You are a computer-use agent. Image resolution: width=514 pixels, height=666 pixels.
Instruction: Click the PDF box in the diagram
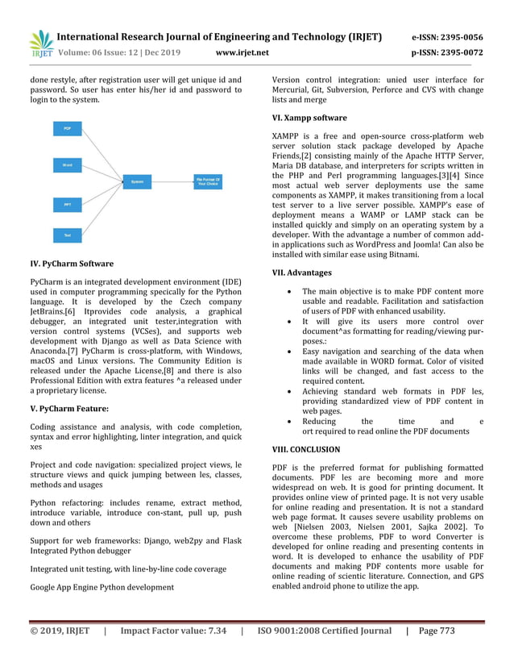67,128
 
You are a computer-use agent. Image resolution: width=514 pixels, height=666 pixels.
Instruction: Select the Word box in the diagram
67,164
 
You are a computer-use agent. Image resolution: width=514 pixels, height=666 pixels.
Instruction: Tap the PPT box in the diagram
67,206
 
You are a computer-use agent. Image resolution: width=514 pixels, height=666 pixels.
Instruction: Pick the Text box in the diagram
67,235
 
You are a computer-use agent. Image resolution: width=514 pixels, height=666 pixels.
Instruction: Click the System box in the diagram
138,183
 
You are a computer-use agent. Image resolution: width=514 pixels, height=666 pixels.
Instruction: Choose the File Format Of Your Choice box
209,181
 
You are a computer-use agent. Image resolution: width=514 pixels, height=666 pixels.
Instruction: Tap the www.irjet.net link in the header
242,54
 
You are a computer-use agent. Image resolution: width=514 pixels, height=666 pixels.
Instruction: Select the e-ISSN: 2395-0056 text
447,37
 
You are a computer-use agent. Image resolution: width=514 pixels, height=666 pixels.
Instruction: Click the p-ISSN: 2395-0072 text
447,54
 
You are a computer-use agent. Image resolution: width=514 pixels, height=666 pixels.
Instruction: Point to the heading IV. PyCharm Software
71,264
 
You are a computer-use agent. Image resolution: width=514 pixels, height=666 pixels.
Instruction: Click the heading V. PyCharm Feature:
68,409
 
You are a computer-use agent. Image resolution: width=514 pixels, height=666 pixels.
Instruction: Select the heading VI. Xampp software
309,118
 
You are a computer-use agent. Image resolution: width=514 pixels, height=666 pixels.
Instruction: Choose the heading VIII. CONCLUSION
306,449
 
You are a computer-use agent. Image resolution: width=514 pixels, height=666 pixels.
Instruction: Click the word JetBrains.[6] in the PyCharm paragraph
52,310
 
